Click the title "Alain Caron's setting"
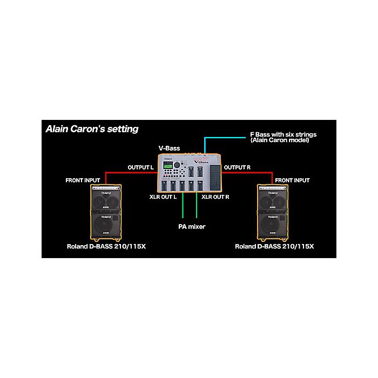pyautogui.click(x=92, y=129)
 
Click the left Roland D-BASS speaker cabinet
pyautogui.click(x=105, y=212)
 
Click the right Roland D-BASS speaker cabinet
pyautogui.click(x=274, y=212)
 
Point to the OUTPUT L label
pyautogui.click(x=141, y=167)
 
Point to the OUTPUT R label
pyautogui.click(x=237, y=167)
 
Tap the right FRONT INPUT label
pyautogui.click(x=292, y=180)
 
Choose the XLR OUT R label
pyautogui.click(x=215, y=197)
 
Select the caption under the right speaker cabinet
pyautogui.click(x=274, y=246)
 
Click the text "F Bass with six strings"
pyautogui.click(x=283, y=134)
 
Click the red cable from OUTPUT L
pyautogui.click(x=130, y=173)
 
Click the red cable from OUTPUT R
pyautogui.click(x=248, y=173)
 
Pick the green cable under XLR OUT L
pyautogui.click(x=184, y=208)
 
